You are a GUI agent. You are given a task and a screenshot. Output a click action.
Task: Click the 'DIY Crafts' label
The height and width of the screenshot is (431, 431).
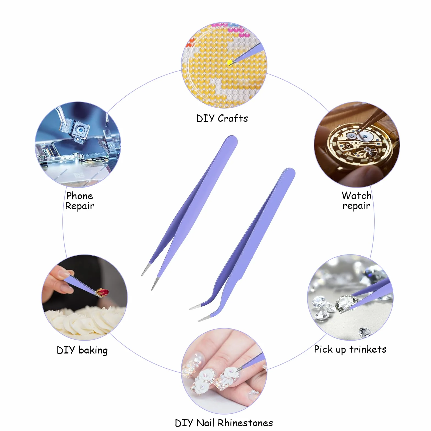tap(222, 118)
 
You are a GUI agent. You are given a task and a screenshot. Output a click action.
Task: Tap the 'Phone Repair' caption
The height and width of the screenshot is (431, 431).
tap(80, 201)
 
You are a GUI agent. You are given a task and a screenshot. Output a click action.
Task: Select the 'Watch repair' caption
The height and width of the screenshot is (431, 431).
tap(357, 201)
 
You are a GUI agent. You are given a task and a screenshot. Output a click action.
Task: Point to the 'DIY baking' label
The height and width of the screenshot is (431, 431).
tap(82, 350)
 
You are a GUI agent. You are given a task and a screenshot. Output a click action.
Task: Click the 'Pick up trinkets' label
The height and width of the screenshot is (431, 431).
tap(350, 350)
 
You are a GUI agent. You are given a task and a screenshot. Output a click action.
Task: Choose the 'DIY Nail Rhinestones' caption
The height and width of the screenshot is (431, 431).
tap(224, 422)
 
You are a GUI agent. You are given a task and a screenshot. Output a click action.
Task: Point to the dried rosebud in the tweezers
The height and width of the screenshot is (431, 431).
tap(102, 292)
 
